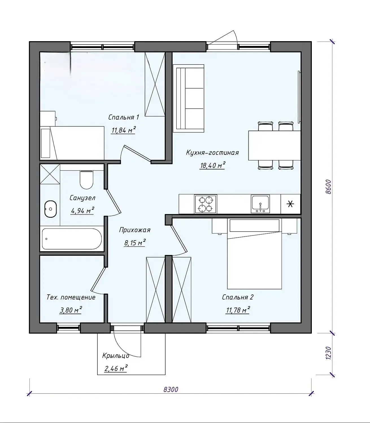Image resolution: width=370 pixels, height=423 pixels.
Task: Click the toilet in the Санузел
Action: (x=86, y=180)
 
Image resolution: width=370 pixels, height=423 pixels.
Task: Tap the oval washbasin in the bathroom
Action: (x=51, y=209)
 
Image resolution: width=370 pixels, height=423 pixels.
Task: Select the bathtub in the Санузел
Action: (x=72, y=239)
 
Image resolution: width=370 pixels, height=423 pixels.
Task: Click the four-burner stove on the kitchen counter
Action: (x=206, y=204)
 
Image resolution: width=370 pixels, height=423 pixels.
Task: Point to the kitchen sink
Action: (x=260, y=204)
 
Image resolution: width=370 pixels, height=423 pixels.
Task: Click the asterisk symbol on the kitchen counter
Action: (x=290, y=204)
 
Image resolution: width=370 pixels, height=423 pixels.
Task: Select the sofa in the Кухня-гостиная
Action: (x=188, y=98)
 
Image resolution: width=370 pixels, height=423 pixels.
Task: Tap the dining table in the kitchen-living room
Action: (x=275, y=145)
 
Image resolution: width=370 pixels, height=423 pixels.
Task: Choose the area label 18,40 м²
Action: (x=212, y=166)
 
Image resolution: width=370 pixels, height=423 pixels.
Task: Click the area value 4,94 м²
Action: (x=82, y=211)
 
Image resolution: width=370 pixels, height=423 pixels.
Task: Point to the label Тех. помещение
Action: (x=71, y=297)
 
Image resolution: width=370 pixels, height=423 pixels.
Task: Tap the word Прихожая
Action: (x=135, y=230)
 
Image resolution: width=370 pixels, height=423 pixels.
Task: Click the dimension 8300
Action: (x=171, y=389)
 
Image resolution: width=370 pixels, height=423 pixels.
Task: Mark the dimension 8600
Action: (x=328, y=187)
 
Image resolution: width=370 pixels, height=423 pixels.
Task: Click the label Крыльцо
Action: (x=116, y=356)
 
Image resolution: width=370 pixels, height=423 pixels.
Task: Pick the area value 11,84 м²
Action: (x=124, y=130)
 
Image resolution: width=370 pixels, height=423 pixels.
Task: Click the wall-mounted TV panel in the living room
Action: (x=299, y=97)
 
